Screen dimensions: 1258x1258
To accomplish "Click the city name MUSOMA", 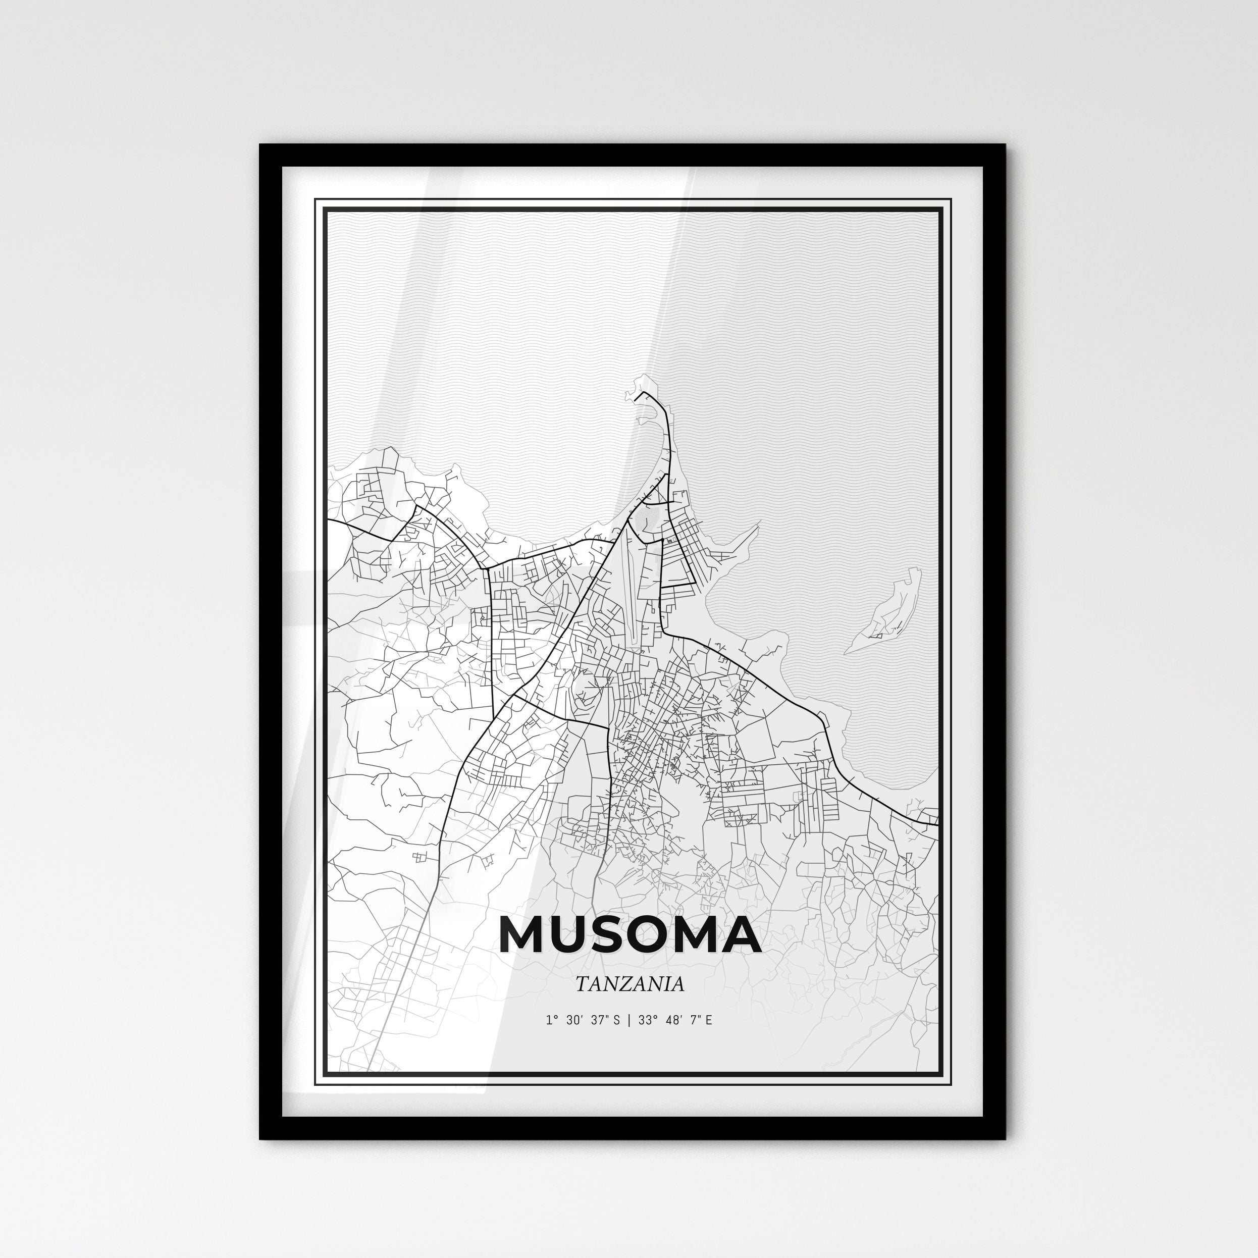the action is (629, 936).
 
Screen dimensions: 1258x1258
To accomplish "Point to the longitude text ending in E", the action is (675, 1038).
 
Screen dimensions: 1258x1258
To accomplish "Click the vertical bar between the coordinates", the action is (629, 1038).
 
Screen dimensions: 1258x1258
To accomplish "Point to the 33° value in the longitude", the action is (647, 1038).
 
